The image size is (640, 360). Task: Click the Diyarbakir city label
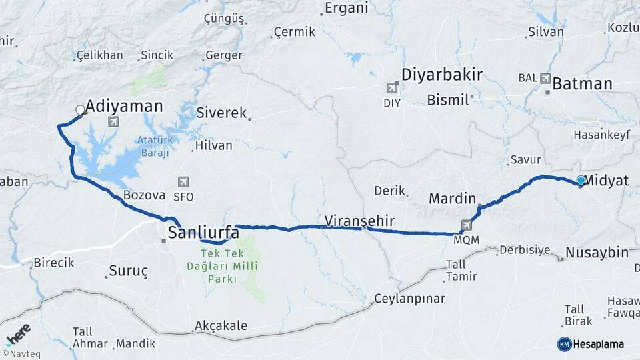pyautogui.click(x=441, y=74)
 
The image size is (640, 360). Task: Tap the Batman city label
pyautogui.click(x=582, y=84)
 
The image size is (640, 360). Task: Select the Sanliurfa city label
pyautogui.click(x=203, y=233)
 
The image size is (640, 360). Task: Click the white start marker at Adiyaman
pyautogui.click(x=80, y=110)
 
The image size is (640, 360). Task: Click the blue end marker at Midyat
pyautogui.click(x=581, y=181)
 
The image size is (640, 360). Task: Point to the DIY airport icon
pyautogui.click(x=392, y=87)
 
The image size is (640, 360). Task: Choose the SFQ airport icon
pyautogui.click(x=183, y=181)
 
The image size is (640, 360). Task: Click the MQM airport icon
pyautogui.click(x=467, y=225)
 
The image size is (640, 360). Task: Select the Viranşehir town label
pyautogui.click(x=360, y=220)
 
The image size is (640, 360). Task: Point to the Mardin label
pyautogui.click(x=452, y=198)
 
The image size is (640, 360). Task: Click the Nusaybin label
pyautogui.click(x=597, y=253)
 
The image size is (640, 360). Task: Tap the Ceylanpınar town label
pyautogui.click(x=409, y=298)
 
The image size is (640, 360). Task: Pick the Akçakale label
pyautogui.click(x=221, y=326)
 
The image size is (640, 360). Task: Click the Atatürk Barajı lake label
pyautogui.click(x=155, y=146)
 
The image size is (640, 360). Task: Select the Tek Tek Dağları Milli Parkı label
pyautogui.click(x=227, y=266)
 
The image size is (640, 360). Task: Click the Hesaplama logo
pyautogui.click(x=590, y=344)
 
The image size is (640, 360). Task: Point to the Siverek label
pyautogui.click(x=221, y=113)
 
